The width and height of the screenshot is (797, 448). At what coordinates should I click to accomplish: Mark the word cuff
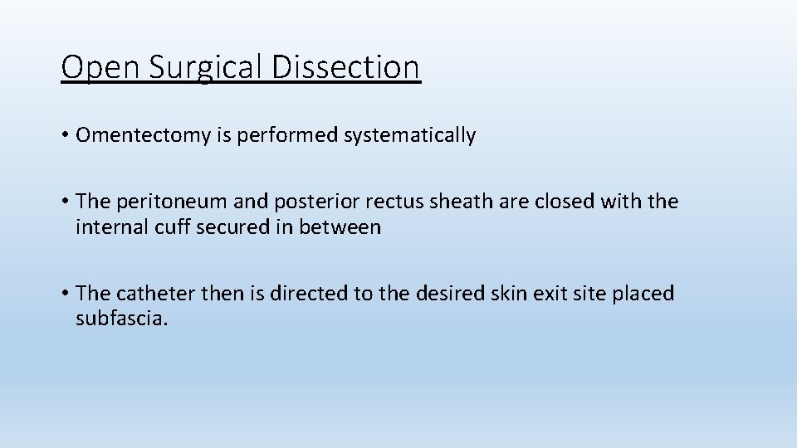tap(165, 227)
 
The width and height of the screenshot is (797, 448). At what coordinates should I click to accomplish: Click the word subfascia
tap(121, 319)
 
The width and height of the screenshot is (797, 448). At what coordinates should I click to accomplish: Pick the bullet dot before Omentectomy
tap(65, 136)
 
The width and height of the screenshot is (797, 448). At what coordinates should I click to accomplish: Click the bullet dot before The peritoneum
tap(65, 202)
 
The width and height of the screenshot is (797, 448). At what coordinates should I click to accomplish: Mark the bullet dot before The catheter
tap(65, 294)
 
